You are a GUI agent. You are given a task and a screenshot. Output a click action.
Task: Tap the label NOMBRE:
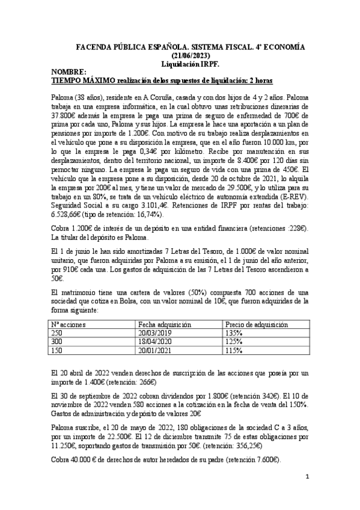69,71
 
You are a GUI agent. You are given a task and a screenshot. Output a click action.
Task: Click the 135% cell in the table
234,333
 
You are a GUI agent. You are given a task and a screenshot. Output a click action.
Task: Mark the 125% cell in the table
234,341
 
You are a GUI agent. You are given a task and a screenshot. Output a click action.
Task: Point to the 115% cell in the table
234,350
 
